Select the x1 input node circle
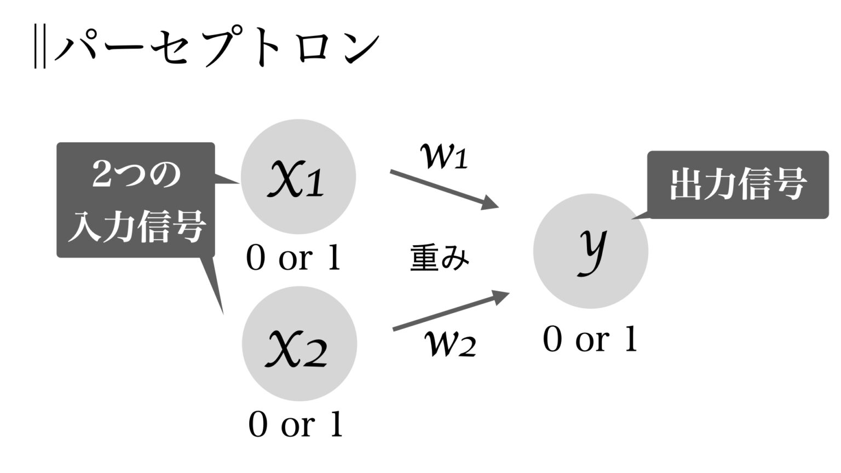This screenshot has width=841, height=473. point(298,177)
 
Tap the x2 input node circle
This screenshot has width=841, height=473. point(299,344)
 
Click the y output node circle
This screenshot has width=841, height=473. point(591,251)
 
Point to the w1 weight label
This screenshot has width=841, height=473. point(444,156)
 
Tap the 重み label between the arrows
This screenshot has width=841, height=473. point(440,257)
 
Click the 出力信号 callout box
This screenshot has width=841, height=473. point(738,184)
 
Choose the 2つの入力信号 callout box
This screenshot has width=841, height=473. point(136,200)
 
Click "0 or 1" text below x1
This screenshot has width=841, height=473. point(293,257)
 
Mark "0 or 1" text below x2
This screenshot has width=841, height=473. point(296,424)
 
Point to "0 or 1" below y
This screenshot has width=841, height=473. point(590,339)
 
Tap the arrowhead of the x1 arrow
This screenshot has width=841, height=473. point(490,204)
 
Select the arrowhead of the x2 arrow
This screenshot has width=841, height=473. point(500,297)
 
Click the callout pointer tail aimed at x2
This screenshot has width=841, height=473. point(215,285)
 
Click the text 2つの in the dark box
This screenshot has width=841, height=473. point(136,176)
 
